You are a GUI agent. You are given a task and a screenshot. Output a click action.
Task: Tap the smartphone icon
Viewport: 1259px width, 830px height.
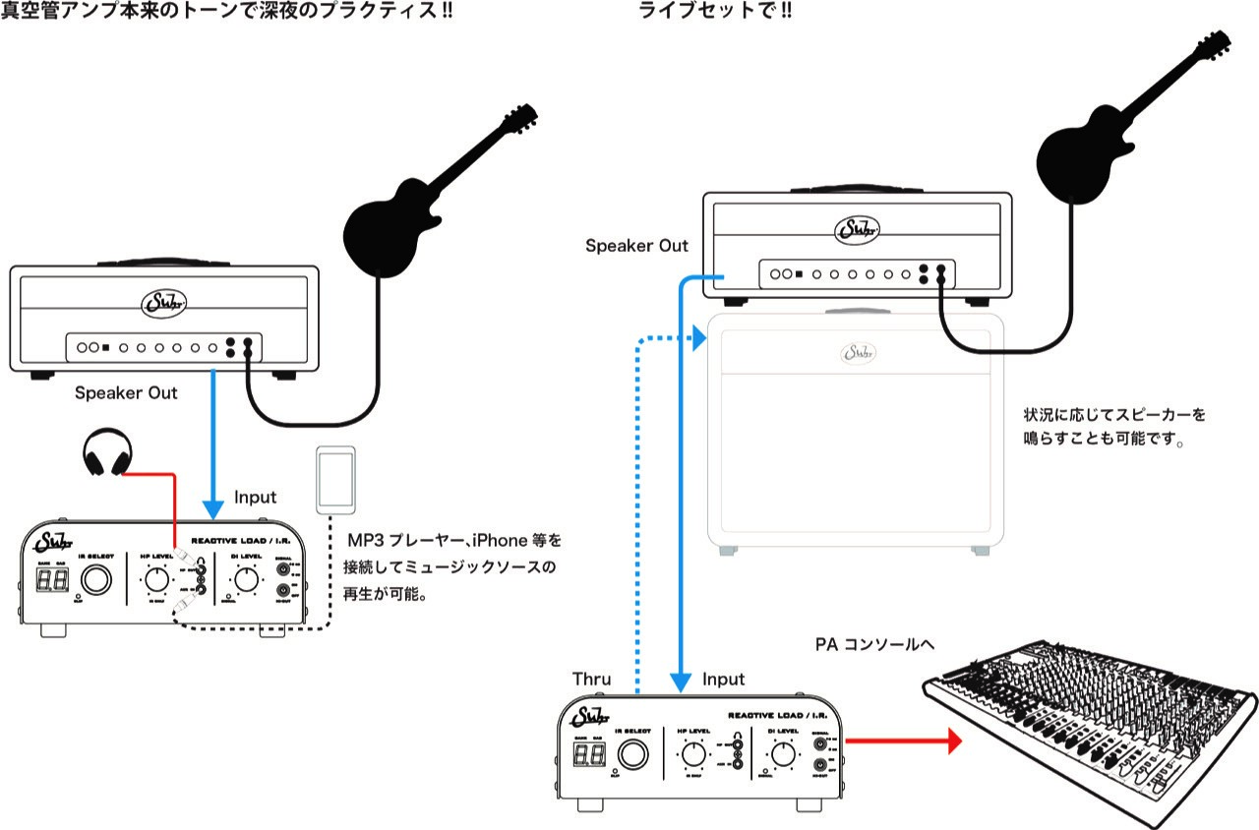pos(333,479)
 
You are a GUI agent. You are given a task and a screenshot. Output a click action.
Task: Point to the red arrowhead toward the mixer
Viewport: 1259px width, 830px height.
pos(950,741)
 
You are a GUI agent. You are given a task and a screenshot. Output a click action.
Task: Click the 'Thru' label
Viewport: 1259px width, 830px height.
pos(591,680)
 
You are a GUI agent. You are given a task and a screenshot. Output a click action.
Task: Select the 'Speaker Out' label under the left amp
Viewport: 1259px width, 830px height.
pos(126,393)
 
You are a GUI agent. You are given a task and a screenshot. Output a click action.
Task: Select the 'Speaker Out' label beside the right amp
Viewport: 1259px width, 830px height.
pos(636,246)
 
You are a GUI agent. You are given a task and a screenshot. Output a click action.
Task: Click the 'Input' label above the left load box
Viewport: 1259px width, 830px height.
pos(256,498)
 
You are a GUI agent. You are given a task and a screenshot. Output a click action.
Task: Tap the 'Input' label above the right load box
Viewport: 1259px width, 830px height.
pos(723,680)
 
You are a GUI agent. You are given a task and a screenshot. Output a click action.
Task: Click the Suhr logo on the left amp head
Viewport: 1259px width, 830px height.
pos(163,301)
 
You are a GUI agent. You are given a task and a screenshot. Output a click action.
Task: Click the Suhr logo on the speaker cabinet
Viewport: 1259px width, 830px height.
pos(858,352)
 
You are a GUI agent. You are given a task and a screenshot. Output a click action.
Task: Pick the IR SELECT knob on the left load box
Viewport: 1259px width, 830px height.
pos(96,581)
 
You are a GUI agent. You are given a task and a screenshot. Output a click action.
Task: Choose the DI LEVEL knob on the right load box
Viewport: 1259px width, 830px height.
pos(783,755)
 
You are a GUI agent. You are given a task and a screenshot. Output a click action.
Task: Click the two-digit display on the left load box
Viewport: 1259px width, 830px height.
pos(48,581)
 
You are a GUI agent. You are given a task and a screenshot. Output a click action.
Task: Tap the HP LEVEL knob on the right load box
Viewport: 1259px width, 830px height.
pos(693,755)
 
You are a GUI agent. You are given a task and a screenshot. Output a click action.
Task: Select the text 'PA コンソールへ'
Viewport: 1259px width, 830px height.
pos(873,646)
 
